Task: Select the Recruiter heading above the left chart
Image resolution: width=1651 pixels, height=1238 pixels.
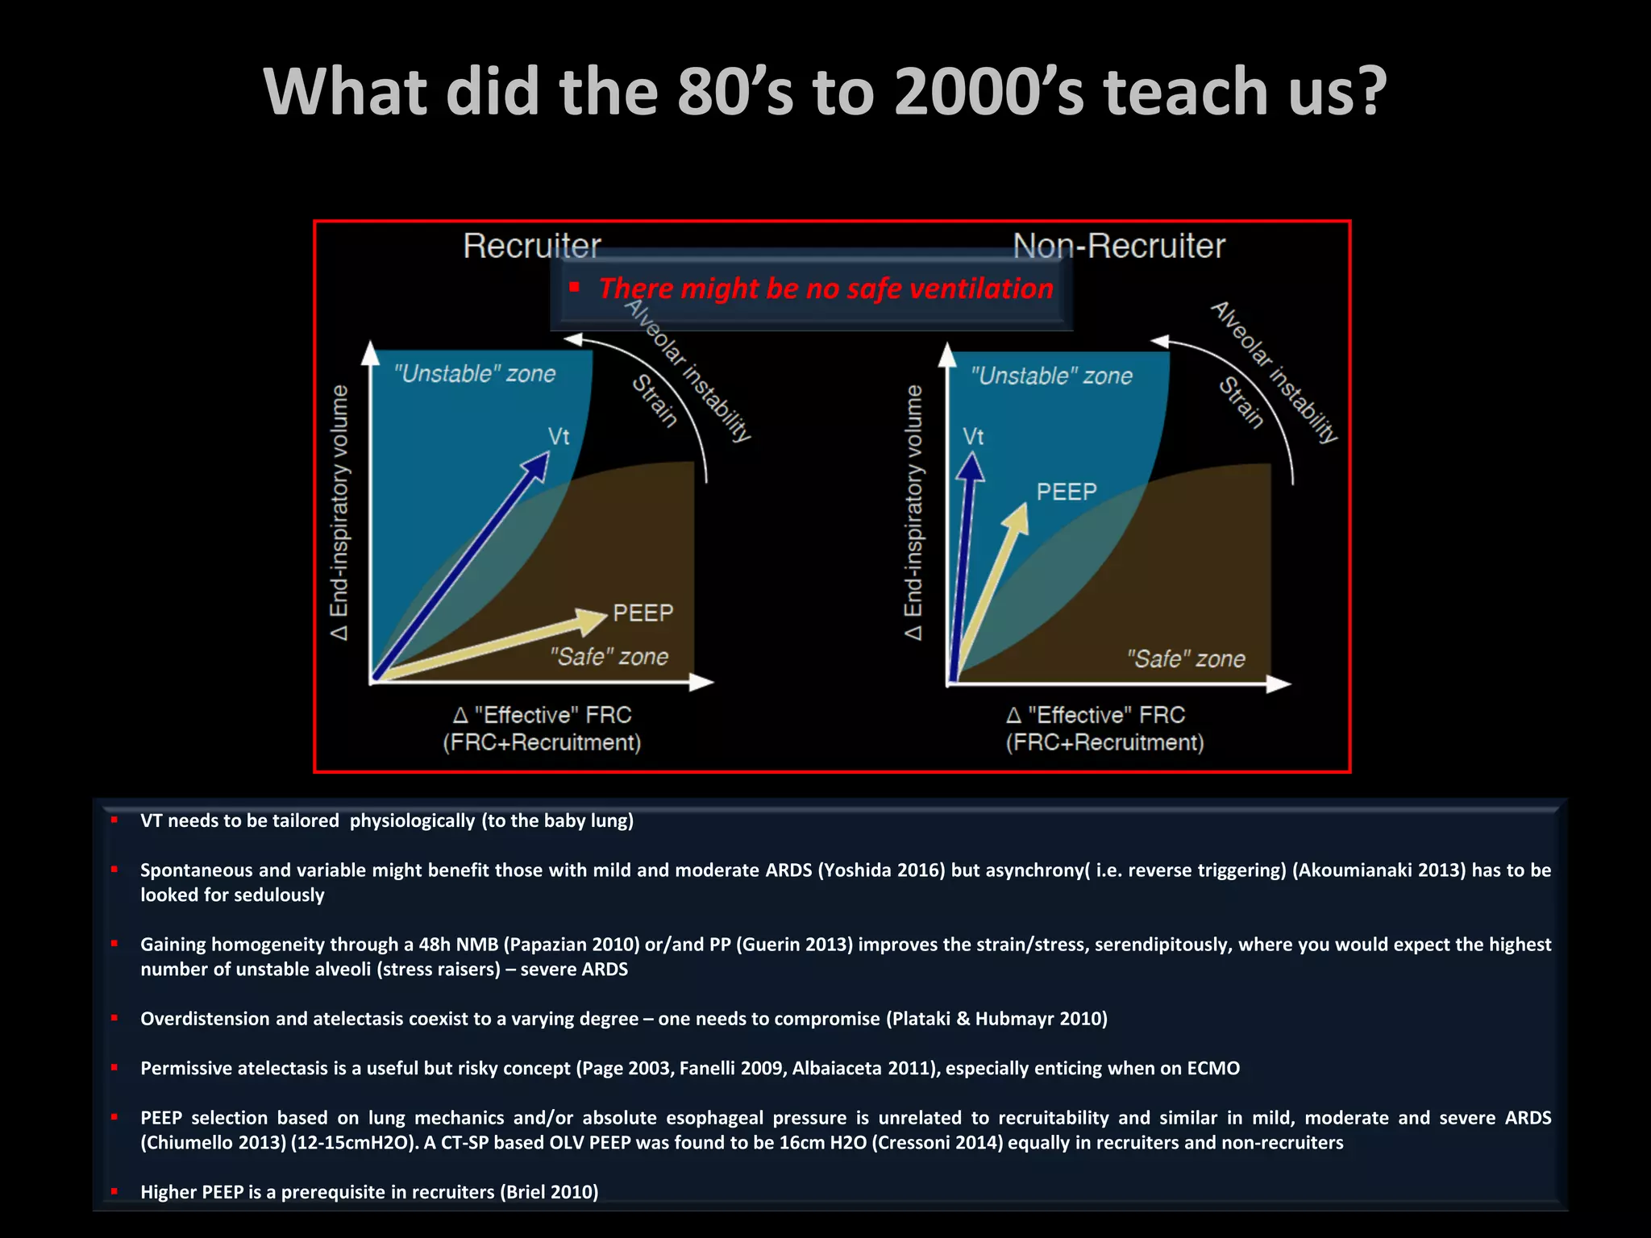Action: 531,246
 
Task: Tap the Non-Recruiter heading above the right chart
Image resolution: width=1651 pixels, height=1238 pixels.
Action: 1118,246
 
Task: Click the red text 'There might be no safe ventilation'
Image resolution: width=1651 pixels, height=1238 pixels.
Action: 825,289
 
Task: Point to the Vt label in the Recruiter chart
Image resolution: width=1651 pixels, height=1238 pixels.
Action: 559,437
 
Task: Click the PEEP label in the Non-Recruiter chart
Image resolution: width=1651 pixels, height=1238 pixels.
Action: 1066,492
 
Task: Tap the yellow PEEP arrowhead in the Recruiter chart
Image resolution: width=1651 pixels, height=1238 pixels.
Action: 594,619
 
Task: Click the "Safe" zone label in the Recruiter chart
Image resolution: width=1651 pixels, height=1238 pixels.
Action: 609,657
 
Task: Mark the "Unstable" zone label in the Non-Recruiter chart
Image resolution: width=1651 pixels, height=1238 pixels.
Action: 1051,376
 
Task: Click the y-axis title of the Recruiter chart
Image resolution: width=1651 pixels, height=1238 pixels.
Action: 339,513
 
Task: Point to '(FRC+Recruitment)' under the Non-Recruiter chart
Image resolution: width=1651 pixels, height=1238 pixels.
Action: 1104,742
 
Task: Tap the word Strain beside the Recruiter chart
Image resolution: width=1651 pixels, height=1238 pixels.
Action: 654,400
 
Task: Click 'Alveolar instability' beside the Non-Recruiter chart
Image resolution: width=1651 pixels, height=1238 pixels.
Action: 1274,372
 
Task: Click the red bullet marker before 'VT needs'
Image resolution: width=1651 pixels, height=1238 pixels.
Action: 114,820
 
